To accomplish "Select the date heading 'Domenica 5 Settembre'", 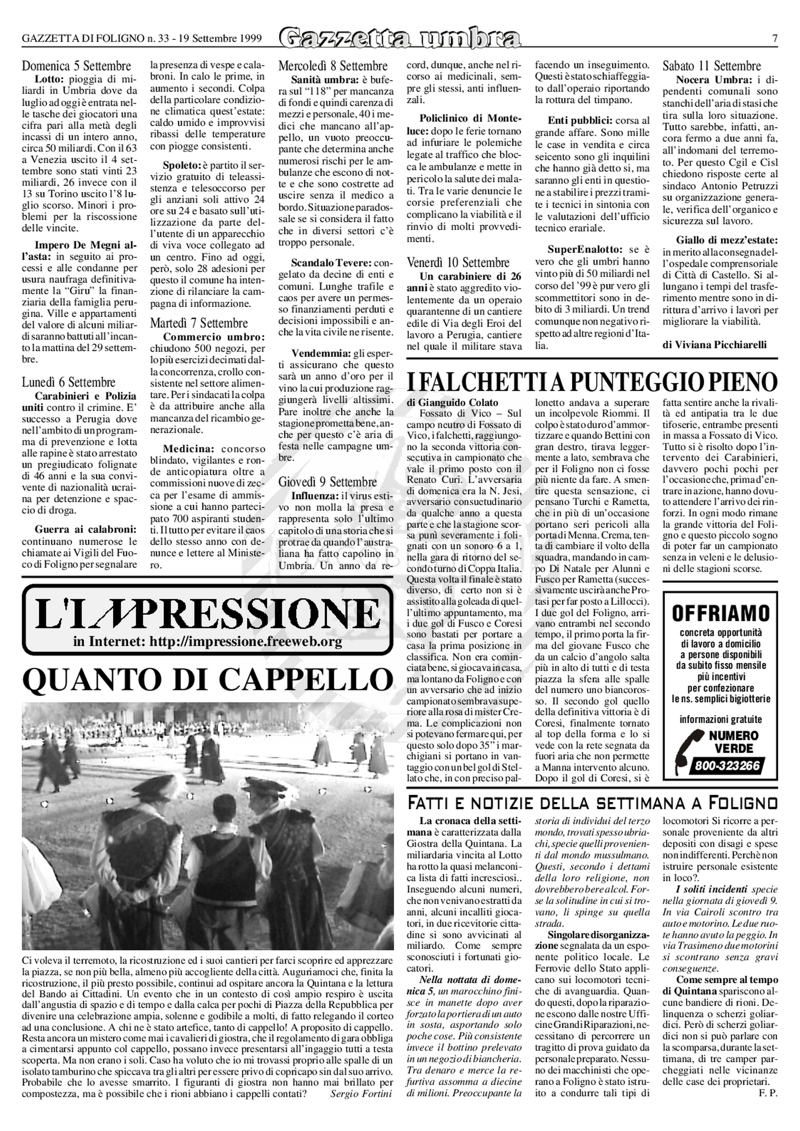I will (x=76, y=66).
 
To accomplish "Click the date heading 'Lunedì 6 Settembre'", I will (x=68, y=382).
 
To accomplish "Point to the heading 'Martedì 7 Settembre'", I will (x=199, y=323).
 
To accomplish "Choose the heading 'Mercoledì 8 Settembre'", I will (x=333, y=66).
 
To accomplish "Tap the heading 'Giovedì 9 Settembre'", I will (x=328, y=482).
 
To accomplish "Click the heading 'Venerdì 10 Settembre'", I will (x=458, y=263).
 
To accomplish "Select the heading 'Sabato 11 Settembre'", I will (x=711, y=66).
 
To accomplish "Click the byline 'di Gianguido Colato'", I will (x=452, y=403).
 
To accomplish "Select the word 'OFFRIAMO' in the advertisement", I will (x=721, y=614).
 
